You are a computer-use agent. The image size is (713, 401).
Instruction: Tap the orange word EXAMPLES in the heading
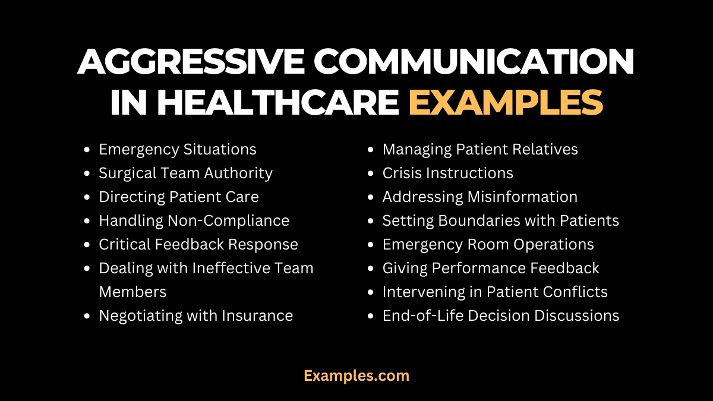click(505, 102)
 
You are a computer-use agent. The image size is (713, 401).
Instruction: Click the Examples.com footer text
click(356, 375)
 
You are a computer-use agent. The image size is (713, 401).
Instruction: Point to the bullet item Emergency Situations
click(178, 149)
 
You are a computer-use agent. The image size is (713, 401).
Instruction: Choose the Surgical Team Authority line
click(185, 173)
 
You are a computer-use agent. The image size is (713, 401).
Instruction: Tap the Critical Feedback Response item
click(198, 244)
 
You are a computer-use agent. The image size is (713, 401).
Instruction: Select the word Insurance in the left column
click(257, 315)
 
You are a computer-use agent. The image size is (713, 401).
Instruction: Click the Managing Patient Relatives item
click(480, 149)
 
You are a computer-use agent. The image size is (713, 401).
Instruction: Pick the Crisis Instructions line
click(447, 173)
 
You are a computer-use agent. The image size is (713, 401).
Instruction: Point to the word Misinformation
click(522, 197)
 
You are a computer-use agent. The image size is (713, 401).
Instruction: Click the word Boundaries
click(478, 220)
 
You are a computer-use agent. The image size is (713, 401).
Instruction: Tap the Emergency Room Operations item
click(488, 244)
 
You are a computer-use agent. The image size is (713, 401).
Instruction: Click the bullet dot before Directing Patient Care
click(88, 197)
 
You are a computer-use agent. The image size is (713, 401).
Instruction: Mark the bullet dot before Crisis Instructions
click(371, 173)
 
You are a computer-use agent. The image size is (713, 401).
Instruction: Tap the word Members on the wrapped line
click(132, 292)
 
